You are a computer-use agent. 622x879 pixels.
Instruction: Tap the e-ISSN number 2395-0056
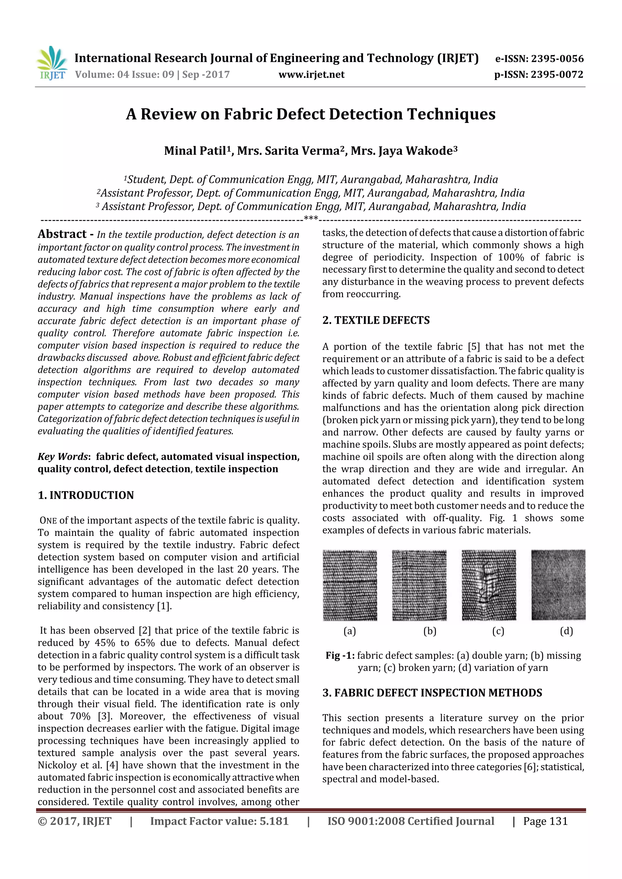(x=557, y=59)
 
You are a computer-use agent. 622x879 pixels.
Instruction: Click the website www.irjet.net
(x=311, y=75)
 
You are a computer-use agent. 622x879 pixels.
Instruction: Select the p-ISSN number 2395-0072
(x=557, y=75)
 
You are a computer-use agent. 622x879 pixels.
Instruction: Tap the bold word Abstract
(x=63, y=234)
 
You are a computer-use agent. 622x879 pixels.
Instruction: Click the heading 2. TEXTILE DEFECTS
(x=376, y=320)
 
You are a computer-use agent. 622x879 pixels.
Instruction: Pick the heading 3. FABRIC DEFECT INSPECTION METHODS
(x=432, y=693)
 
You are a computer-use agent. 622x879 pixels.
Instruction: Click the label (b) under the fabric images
(x=430, y=631)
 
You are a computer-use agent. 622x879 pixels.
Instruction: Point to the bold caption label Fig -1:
(x=340, y=655)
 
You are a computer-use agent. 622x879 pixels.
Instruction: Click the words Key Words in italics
(x=63, y=457)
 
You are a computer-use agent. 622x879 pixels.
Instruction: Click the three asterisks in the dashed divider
(x=310, y=218)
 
